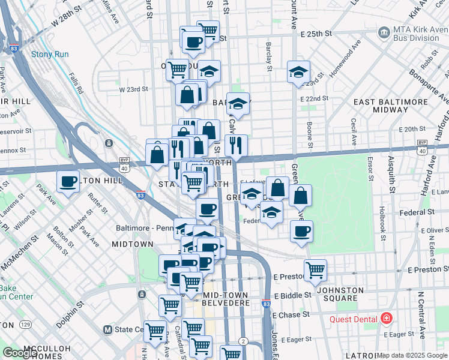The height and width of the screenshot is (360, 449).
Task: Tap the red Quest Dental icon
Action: pyautogui.click(x=387, y=318)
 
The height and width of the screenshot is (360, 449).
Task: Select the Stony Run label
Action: pyautogui.click(x=50, y=55)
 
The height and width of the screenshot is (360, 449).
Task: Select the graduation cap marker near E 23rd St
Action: pyautogui.click(x=298, y=71)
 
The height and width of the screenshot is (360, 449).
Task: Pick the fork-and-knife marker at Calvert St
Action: pyautogui.click(x=236, y=145)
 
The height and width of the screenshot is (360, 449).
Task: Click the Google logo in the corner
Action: pyautogui.click(x=19, y=353)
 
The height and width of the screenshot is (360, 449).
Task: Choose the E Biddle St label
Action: pyautogui.click(x=292, y=295)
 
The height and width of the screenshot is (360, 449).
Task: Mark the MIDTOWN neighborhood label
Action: pyautogui.click(x=133, y=244)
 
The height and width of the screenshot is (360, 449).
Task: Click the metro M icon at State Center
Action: pyautogui.click(x=107, y=329)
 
